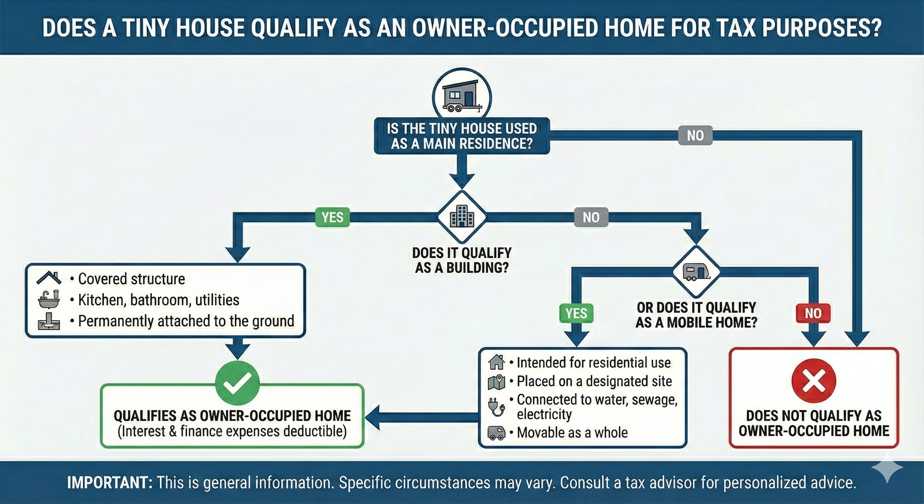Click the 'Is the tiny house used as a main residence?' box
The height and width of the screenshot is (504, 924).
[462, 136]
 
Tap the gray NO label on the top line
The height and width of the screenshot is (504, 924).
[695, 136]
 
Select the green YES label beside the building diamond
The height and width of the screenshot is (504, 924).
[333, 217]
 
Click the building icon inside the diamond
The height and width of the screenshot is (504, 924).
[462, 216]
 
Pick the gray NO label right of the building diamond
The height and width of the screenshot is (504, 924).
[591, 217]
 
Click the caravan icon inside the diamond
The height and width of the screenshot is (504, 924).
[696, 272]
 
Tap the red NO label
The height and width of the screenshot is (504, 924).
[813, 313]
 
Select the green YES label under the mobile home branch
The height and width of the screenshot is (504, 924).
[576, 313]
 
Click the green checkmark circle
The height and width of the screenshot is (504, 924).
[238, 383]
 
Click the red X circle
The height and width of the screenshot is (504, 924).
[814, 381]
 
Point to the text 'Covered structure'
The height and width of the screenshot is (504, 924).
[131, 279]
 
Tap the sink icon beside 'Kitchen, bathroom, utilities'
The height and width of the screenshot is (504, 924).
[49, 299]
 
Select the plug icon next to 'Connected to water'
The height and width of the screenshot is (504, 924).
[496, 407]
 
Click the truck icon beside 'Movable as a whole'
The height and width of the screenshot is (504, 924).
[496, 433]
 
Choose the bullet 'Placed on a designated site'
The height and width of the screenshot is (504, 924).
[591, 381]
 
